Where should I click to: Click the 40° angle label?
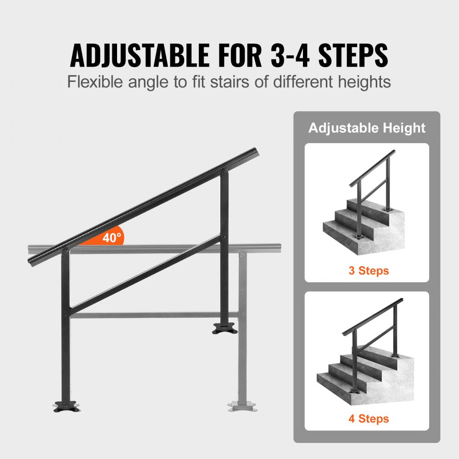112,238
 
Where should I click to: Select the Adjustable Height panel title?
367,128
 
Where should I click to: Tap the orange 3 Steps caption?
368,271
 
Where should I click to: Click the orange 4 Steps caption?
368,419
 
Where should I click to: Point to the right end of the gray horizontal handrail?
275,248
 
